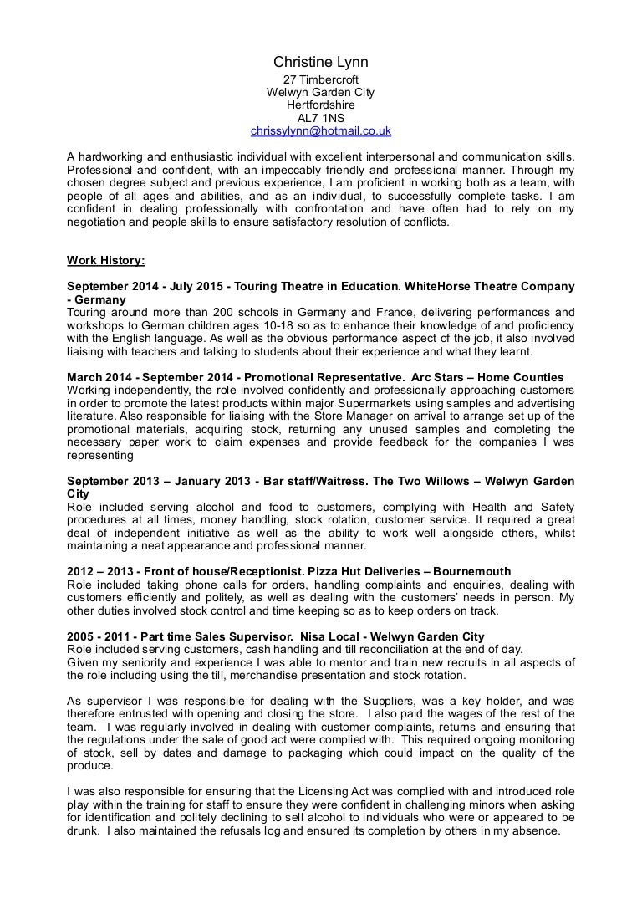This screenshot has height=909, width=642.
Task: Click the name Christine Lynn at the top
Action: (x=320, y=63)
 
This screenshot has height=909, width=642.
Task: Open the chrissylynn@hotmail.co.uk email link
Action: (x=321, y=132)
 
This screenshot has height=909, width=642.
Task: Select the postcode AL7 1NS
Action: (x=321, y=119)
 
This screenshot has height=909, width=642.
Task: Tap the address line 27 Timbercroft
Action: (x=321, y=79)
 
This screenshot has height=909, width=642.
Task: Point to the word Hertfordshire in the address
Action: (x=321, y=105)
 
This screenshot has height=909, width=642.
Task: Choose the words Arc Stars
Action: (x=450, y=378)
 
